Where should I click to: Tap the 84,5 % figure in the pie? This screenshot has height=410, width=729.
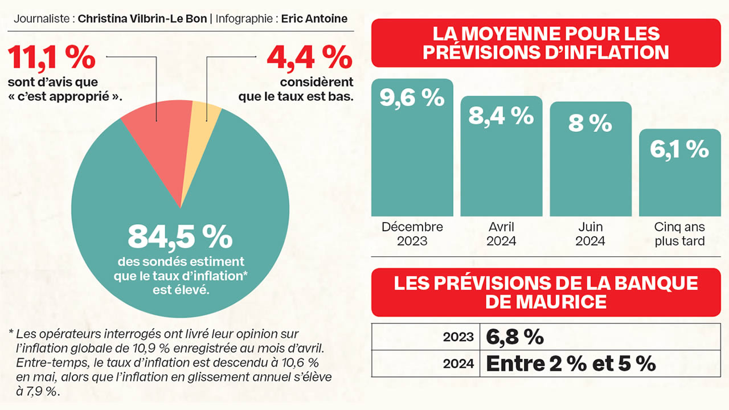point(180,236)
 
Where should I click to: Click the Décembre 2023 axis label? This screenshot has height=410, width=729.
point(412,233)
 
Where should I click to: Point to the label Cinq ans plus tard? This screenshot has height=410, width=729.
point(679,233)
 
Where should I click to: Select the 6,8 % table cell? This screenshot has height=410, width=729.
point(515,337)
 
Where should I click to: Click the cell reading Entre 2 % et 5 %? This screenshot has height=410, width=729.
point(571,363)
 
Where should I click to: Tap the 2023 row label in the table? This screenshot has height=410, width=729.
point(458,337)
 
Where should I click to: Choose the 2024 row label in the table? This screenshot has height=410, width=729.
point(458,364)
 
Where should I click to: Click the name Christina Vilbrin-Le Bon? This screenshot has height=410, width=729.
point(142,18)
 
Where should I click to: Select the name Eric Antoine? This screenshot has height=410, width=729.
point(314,18)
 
